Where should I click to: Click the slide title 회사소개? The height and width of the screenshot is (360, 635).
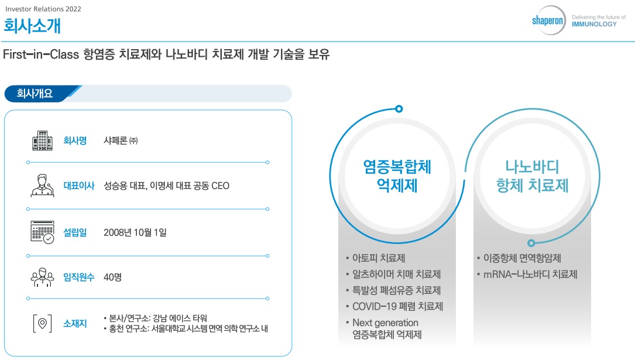click(32, 26)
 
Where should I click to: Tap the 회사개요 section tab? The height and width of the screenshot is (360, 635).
click(36, 94)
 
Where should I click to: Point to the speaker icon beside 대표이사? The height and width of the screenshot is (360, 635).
click(42, 186)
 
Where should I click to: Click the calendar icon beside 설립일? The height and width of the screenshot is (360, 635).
click(42, 232)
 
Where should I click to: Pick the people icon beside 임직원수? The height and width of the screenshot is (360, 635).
click(42, 277)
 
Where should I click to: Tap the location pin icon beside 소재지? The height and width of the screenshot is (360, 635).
click(42, 323)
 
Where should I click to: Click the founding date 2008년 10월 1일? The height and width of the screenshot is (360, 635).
click(135, 232)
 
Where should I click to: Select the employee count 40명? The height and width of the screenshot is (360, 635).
click(112, 277)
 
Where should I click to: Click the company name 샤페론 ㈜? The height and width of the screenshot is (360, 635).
click(120, 140)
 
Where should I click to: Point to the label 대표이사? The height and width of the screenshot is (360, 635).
click(78, 186)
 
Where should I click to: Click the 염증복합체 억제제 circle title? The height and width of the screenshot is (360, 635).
click(397, 176)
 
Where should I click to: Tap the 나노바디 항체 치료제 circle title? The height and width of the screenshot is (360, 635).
click(532, 176)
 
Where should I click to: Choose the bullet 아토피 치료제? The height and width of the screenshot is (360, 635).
click(379, 258)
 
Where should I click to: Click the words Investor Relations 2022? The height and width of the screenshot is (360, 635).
click(43, 9)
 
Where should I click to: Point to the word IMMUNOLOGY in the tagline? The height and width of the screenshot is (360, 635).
click(594, 25)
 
